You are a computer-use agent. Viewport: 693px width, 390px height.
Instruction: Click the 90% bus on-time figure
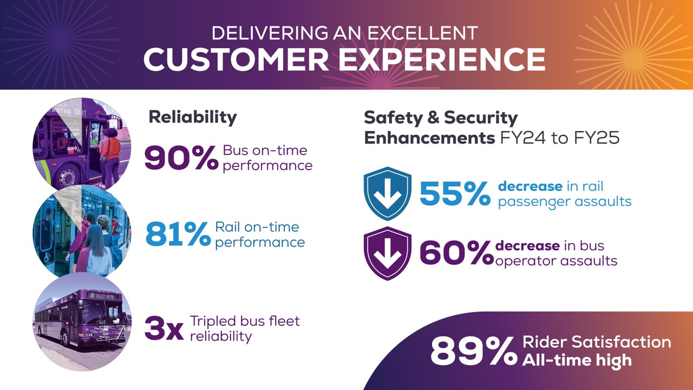tap(181, 158)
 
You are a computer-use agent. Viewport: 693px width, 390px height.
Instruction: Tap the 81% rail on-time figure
tap(178, 235)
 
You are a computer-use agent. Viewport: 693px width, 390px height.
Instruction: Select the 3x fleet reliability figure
tap(164, 328)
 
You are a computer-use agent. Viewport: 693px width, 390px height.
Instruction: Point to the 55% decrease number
tap(455, 194)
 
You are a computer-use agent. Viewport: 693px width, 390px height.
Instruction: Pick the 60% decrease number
tap(456, 253)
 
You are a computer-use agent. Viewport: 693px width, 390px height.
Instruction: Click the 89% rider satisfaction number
tap(474, 352)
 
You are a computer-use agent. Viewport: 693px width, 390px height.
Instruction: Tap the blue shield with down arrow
tap(387, 193)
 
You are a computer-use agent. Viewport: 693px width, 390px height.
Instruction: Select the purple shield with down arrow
tap(387, 253)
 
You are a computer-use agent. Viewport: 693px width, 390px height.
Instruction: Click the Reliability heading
tap(193, 118)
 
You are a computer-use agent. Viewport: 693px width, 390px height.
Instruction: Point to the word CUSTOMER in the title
tap(236, 60)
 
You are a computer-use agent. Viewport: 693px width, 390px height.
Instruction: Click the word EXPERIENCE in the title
tap(442, 60)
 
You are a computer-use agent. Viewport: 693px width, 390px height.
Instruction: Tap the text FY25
tap(597, 138)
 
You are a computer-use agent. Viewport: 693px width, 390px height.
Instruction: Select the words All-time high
tap(577, 361)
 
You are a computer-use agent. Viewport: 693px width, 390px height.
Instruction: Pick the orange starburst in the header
tap(633, 45)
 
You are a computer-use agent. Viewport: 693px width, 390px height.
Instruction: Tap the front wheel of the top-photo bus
tap(67, 177)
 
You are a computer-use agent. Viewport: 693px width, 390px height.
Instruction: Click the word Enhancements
tap(429, 138)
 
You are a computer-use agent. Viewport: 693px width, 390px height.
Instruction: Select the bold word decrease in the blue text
tap(530, 186)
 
